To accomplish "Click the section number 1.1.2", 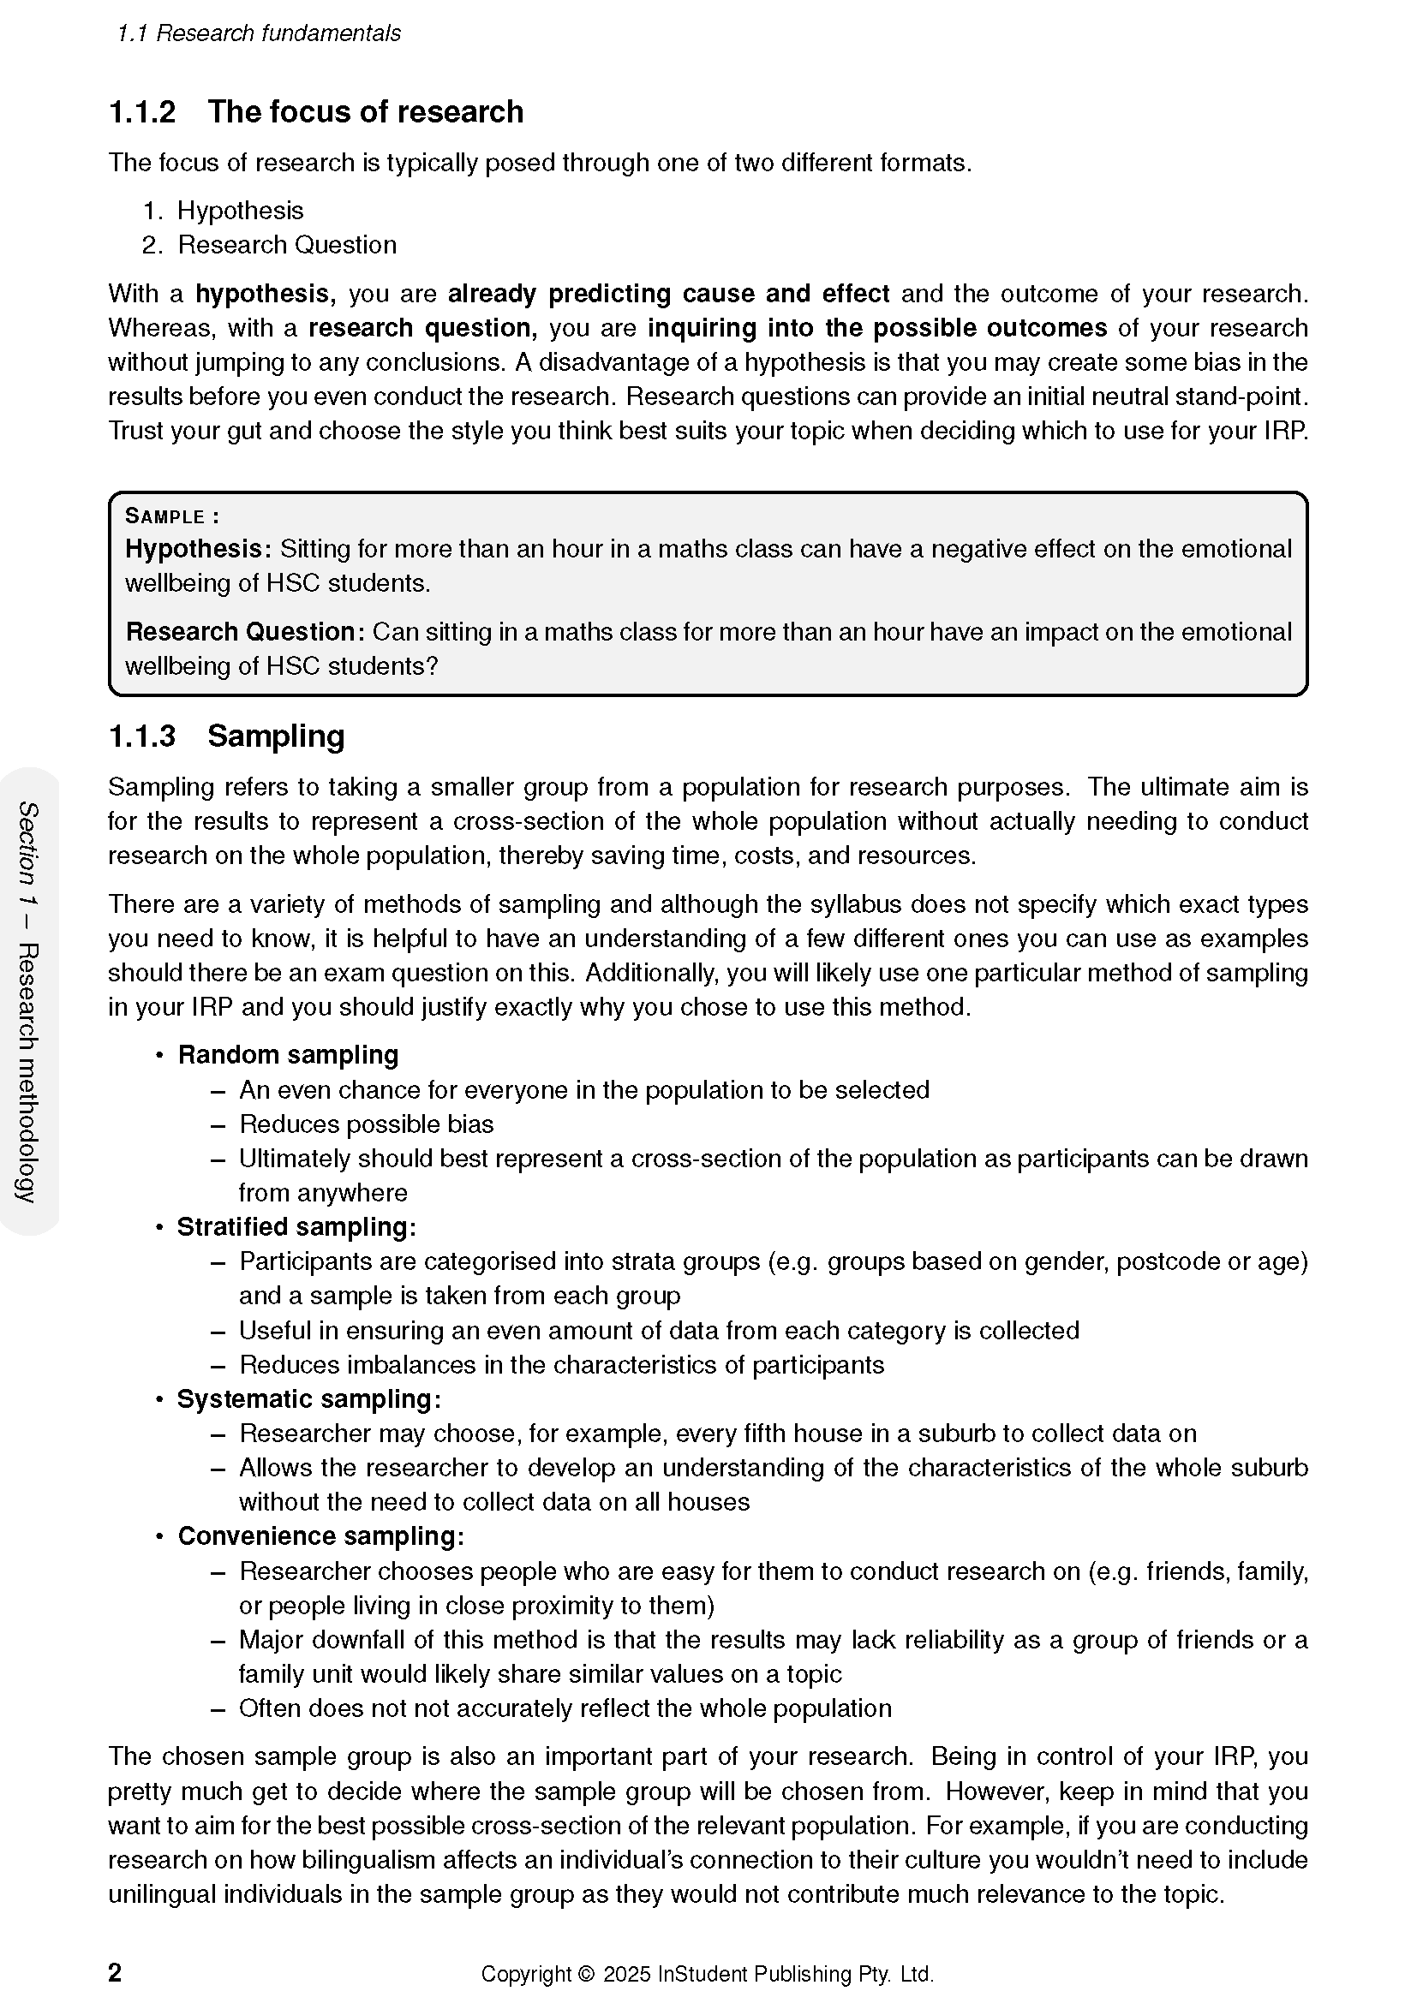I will [141, 112].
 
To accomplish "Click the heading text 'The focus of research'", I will [365, 112].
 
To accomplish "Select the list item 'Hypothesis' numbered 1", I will [240, 212].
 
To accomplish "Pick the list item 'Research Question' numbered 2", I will [287, 245].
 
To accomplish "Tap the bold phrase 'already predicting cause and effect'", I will [668, 294].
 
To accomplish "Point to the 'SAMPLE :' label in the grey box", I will [172, 516].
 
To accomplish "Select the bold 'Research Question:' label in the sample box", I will [245, 633].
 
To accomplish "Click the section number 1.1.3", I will [141, 737].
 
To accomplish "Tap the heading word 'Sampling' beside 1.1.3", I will [276, 737].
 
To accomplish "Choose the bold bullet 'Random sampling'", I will [288, 1056].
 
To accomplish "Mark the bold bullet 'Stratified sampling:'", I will [296, 1227].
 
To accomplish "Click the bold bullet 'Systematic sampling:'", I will [309, 1399].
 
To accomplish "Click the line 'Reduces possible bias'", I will [367, 1124].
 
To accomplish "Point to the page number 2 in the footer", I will [114, 1973].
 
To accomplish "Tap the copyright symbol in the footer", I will [585, 1974].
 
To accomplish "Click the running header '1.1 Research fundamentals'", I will [259, 33].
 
